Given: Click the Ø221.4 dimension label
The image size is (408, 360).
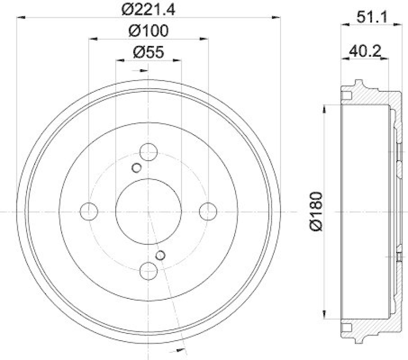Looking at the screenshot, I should pyautogui.click(x=148, y=9).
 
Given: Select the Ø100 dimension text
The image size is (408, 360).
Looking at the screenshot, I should pyautogui.click(x=148, y=31).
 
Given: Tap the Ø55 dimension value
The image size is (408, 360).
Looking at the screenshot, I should pyautogui.click(x=148, y=53).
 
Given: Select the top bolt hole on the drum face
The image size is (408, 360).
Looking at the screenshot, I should pyautogui.click(x=148, y=151).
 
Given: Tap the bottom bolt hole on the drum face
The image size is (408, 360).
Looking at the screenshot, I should pyautogui.click(x=148, y=270).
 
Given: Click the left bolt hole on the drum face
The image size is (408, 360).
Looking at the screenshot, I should pyautogui.click(x=89, y=211).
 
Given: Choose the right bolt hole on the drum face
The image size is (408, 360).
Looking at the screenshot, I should pyautogui.click(x=208, y=211).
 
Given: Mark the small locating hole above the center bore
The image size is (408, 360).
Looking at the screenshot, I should pyautogui.click(x=136, y=168).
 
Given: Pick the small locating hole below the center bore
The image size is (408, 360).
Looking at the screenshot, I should pyautogui.click(x=161, y=255).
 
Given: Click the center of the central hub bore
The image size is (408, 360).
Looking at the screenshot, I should pyautogui.click(x=148, y=211).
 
